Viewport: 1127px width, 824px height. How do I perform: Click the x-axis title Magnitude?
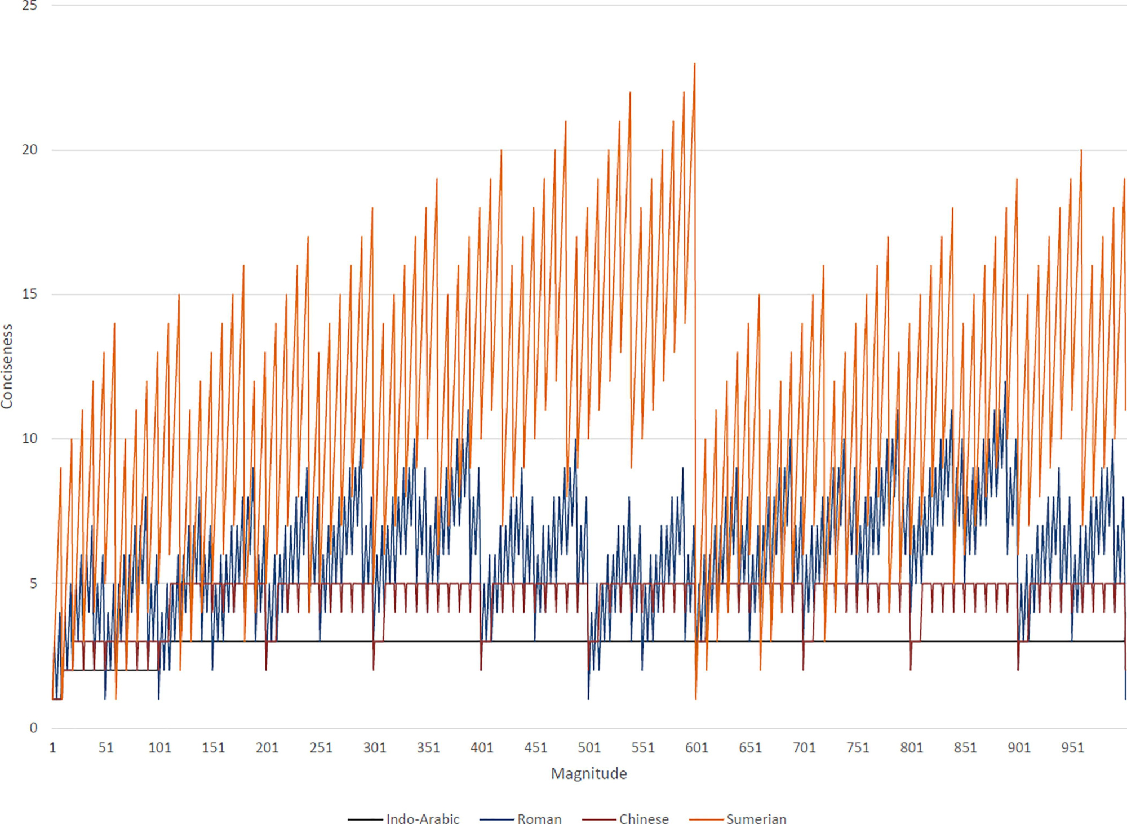click(x=589, y=773)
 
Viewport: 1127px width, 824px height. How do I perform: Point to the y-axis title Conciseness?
click(x=7, y=366)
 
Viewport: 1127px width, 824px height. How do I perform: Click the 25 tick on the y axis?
click(x=29, y=6)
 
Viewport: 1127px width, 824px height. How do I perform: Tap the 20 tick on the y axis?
click(x=29, y=150)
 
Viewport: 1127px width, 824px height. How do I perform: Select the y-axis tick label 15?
click(x=29, y=294)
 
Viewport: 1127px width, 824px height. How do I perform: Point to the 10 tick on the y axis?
click(x=29, y=438)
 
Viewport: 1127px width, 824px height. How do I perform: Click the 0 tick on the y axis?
click(x=33, y=727)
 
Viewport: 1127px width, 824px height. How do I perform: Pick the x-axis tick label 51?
click(x=106, y=747)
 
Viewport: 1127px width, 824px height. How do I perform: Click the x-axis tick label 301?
click(x=375, y=747)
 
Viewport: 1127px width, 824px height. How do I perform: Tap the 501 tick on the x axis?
click(x=589, y=747)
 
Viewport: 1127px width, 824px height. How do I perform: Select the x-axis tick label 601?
click(x=696, y=747)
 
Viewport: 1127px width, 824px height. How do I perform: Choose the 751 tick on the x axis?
click(x=858, y=747)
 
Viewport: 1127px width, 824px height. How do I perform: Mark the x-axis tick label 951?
click(x=1072, y=747)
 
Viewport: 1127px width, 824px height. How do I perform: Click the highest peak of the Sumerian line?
click(x=695, y=64)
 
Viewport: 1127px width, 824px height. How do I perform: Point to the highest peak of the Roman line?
click(x=1005, y=381)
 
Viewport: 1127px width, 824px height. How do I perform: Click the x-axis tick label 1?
click(x=52, y=747)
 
